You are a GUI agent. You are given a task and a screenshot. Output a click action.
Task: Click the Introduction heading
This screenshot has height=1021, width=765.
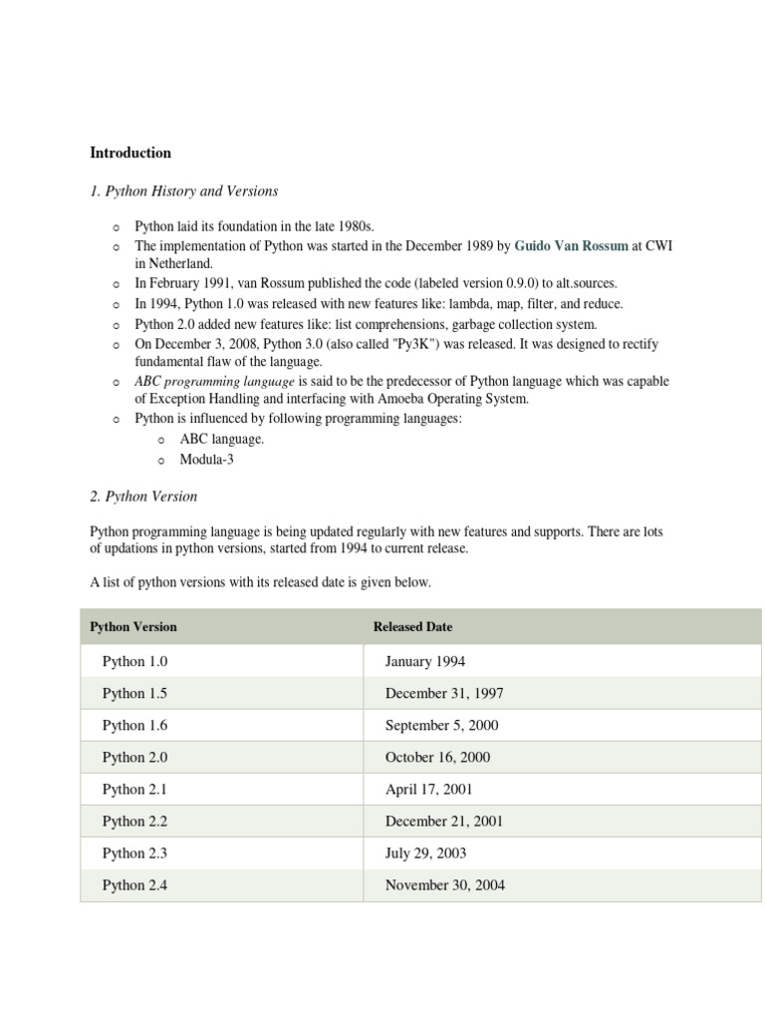[x=130, y=153]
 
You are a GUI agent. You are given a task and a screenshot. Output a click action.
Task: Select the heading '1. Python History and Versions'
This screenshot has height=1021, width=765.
[x=184, y=190]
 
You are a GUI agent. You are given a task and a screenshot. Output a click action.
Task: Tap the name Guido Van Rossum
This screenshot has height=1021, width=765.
[x=571, y=245]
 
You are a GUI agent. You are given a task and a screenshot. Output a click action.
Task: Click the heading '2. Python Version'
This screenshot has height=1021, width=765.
[x=143, y=496]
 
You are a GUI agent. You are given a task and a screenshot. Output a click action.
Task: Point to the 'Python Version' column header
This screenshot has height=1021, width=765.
[x=133, y=627]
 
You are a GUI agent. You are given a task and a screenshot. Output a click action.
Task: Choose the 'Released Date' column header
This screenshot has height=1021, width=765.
[x=412, y=627]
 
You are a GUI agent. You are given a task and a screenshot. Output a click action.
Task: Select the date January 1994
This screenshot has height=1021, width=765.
[x=424, y=661]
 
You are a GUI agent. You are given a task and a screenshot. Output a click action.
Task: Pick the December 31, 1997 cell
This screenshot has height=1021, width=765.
[x=444, y=693]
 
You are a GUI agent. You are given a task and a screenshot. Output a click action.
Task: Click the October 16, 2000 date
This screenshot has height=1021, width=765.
[x=437, y=757]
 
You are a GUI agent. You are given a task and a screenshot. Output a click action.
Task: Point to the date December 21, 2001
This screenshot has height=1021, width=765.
[x=444, y=821]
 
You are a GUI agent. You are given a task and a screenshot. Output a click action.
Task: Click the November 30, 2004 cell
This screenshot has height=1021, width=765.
[x=444, y=884]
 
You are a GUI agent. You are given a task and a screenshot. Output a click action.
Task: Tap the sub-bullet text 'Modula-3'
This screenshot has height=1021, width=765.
[x=206, y=460]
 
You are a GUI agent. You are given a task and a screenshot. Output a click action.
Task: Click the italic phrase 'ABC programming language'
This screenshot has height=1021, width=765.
[x=214, y=381]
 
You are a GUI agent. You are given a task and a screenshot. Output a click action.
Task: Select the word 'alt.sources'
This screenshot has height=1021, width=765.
[x=583, y=283]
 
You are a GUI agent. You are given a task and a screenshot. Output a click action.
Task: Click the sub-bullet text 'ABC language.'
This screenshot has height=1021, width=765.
[x=221, y=439]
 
